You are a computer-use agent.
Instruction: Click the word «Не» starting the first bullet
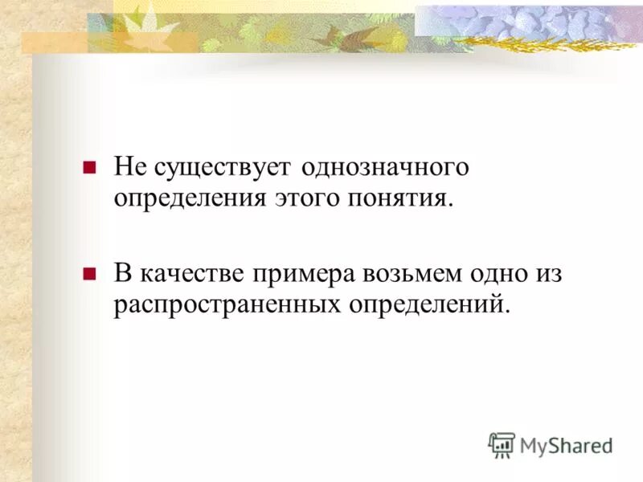tap(127, 168)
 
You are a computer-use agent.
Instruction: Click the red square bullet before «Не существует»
tap(90, 168)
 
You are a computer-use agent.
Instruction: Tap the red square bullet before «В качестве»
tap(90, 273)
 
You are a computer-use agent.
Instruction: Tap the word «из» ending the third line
tap(551, 274)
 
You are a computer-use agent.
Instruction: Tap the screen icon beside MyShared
tap(502, 445)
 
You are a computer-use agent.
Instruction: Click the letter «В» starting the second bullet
tap(122, 274)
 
